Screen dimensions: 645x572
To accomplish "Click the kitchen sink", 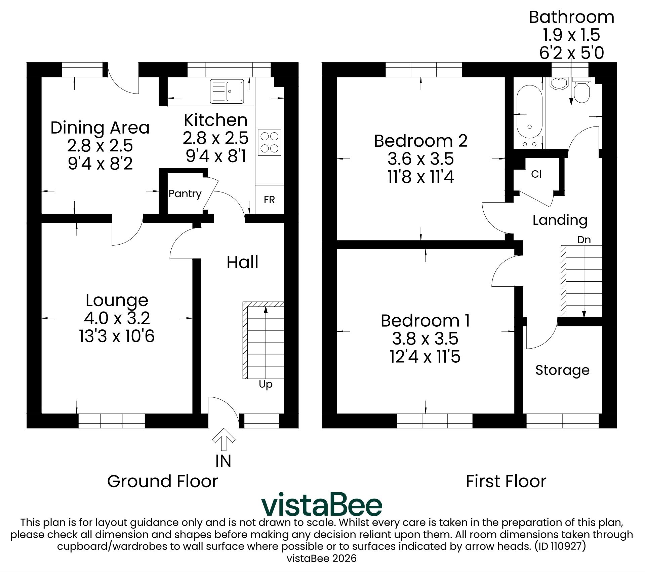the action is click(x=227, y=91).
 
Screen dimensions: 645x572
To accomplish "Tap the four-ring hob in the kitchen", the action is click(x=269, y=142).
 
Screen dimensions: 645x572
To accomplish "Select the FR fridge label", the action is click(x=269, y=200).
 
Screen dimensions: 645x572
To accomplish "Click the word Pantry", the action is click(x=185, y=194).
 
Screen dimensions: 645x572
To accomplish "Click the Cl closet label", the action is click(x=536, y=174).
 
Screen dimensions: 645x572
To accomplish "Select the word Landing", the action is click(x=560, y=220).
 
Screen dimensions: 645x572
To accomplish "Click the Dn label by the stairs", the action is click(x=584, y=240).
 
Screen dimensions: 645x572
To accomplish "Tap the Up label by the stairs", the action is click(x=266, y=384).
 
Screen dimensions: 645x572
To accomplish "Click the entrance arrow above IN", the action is click(x=224, y=439).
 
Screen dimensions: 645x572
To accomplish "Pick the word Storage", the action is click(x=562, y=370).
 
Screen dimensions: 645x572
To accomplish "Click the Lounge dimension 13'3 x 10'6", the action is click(x=117, y=336).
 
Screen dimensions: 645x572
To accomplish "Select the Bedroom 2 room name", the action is click(x=421, y=141).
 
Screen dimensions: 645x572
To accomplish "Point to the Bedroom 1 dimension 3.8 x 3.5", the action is click(x=425, y=339).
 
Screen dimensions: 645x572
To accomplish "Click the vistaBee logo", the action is click(x=322, y=504).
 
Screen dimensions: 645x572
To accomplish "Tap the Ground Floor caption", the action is click(x=162, y=481).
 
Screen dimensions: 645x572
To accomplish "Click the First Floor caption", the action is click(x=506, y=481).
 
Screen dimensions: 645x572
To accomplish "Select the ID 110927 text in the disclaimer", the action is click(x=560, y=546).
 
